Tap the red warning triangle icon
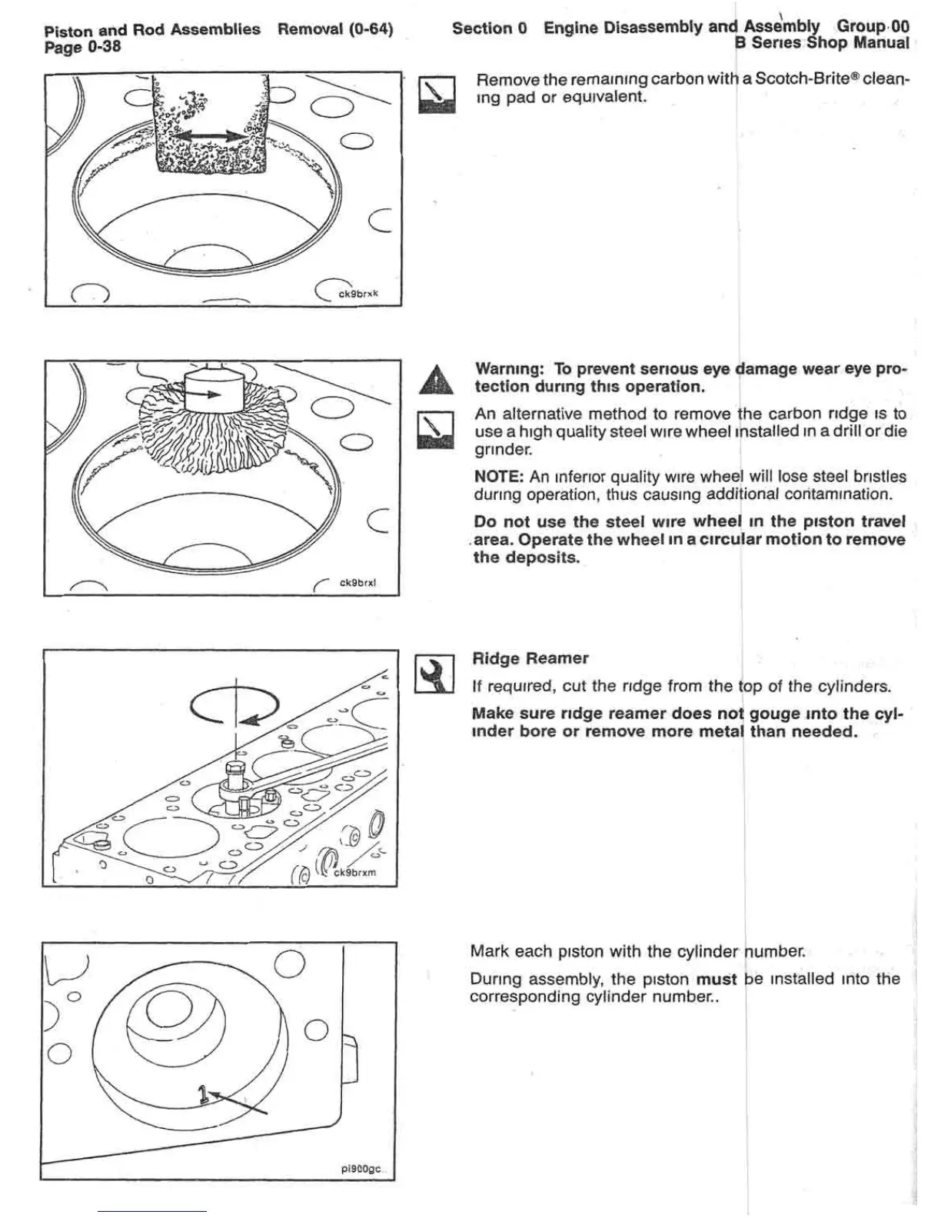pos(435,380)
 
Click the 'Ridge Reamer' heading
pos(530,658)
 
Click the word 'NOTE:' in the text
pos(498,477)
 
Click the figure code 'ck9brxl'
pos(357,583)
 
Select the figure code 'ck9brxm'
pos(354,873)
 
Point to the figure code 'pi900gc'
pos(361,1169)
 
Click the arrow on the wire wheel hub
pos(204,393)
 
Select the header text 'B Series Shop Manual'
pos(823,44)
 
